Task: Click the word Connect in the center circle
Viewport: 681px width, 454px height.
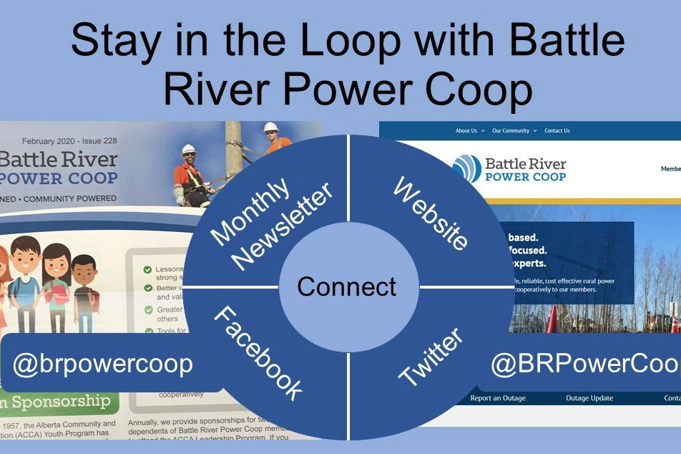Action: pos(347,287)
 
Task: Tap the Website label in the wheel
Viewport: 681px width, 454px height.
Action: pos(430,214)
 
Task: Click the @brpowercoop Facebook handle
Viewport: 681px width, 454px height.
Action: pos(102,364)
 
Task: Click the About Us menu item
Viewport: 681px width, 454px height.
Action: pos(466,131)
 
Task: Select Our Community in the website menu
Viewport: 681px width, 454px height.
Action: pos(511,131)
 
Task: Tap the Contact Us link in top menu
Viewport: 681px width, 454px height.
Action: pos(557,131)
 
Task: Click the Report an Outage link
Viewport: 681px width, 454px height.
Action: pos(498,398)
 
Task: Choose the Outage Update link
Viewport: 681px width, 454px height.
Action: pos(589,398)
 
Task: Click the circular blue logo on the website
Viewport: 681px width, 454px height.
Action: pos(467,169)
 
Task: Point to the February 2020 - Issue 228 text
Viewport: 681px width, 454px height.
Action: pos(69,141)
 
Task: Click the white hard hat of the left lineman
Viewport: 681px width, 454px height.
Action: pos(188,149)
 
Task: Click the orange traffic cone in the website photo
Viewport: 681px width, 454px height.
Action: pos(552,319)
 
